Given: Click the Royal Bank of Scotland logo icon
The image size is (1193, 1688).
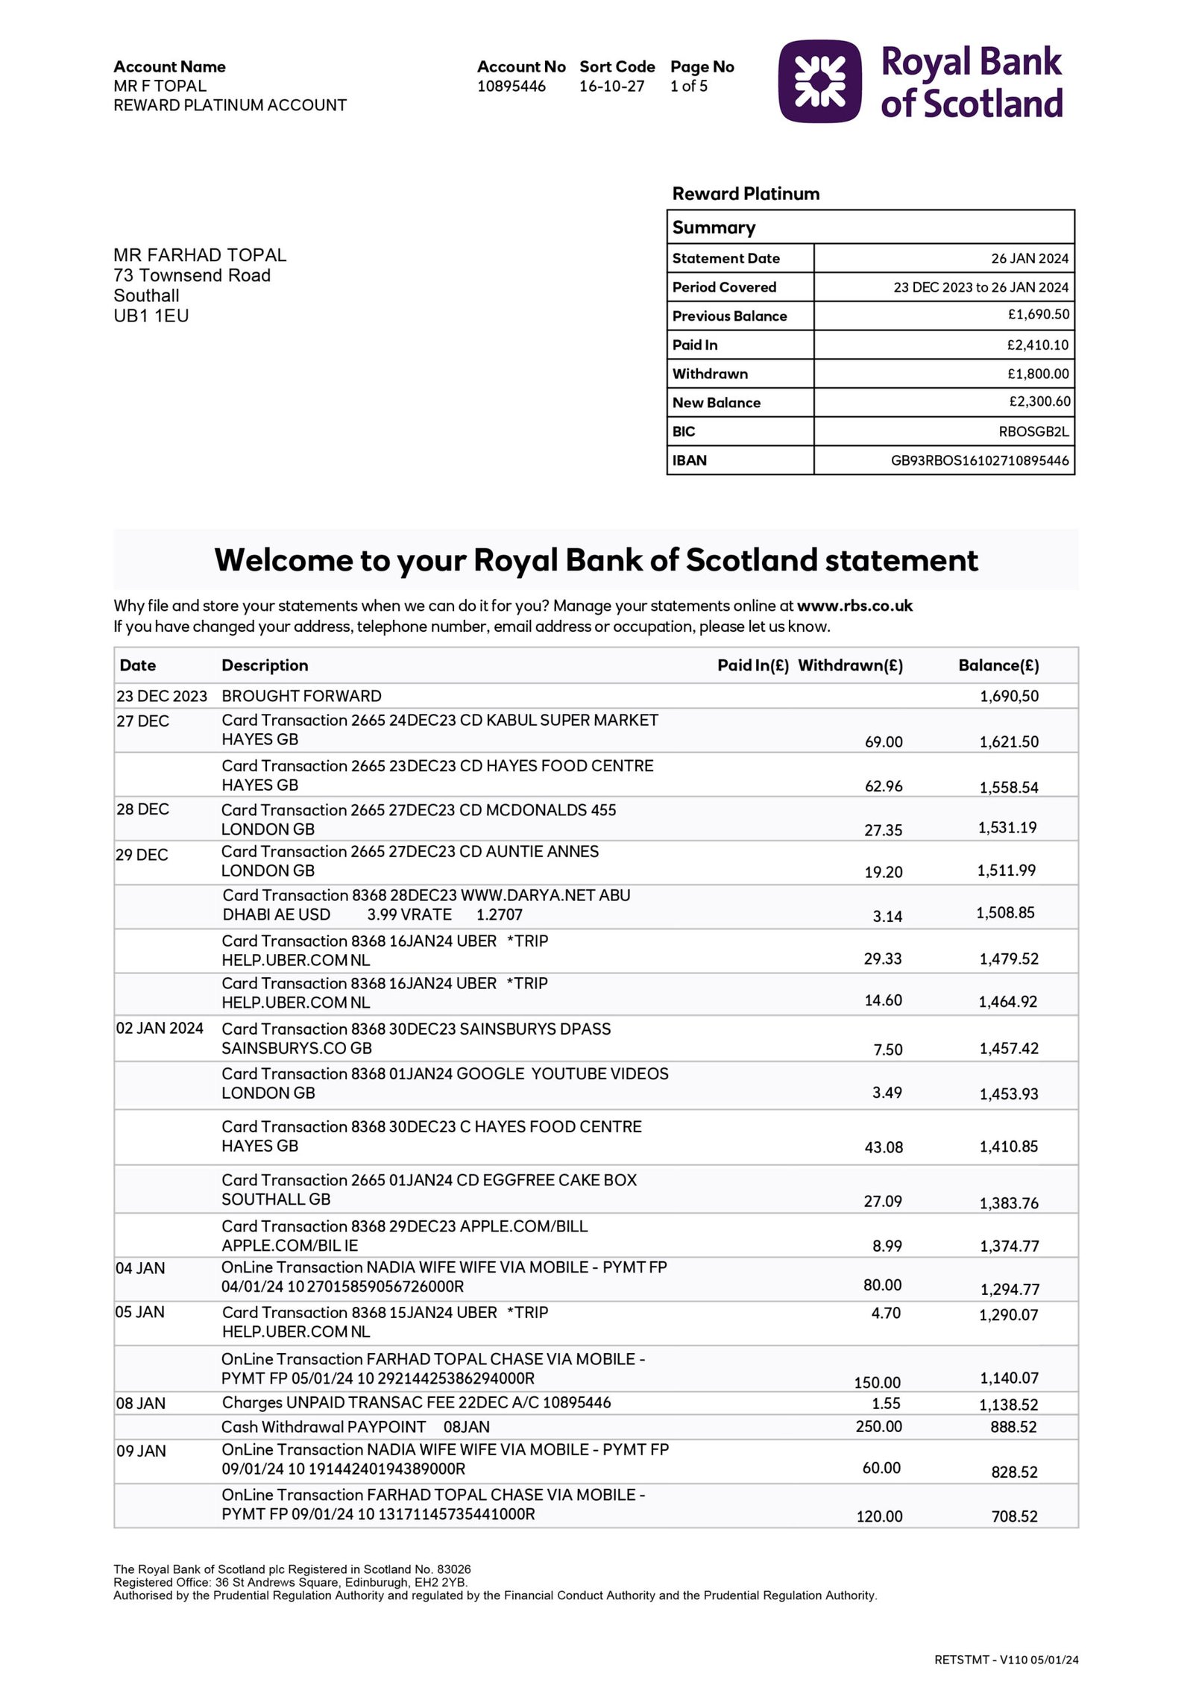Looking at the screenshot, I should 819,81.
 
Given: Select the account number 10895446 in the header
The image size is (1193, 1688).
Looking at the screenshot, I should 511,87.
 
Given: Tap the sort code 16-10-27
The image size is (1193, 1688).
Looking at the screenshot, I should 611,87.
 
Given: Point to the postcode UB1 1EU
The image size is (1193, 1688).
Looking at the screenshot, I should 151,316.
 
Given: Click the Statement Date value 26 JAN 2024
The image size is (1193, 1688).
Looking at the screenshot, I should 1029,259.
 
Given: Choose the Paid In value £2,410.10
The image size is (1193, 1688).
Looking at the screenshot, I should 1037,345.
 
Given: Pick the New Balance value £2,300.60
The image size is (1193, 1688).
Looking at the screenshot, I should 1039,402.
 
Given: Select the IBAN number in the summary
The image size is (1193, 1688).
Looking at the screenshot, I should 979,461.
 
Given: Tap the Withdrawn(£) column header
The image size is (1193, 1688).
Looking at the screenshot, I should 850,665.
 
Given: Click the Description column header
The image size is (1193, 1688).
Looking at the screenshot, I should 265,665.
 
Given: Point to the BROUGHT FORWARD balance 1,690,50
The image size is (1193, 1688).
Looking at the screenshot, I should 1008,697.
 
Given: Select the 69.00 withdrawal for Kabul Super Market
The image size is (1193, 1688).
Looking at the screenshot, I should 883,742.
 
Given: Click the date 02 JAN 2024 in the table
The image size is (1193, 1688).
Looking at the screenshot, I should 160,1029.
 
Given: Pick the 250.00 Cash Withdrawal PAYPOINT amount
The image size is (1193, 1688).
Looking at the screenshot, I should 878,1427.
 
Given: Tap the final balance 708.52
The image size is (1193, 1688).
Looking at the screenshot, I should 1014,1516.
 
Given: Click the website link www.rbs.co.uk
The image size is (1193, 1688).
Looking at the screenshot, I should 854,606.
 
